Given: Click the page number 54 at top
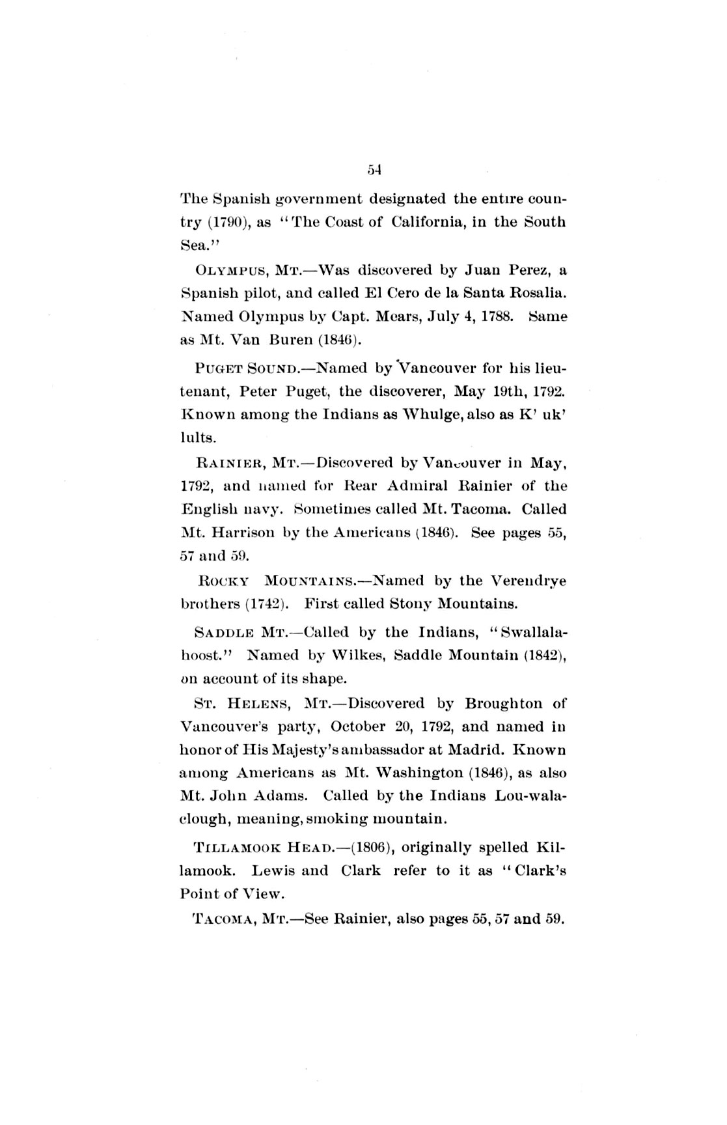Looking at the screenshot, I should pyautogui.click(x=373, y=171).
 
